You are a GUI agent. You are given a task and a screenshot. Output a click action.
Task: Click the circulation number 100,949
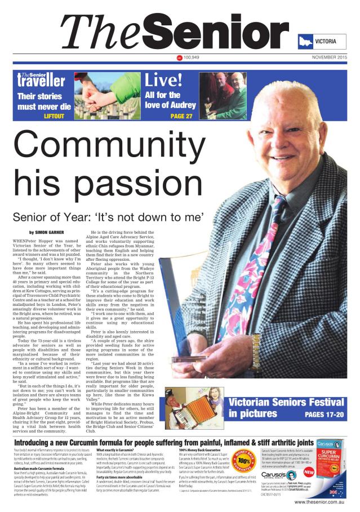click(192, 57)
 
